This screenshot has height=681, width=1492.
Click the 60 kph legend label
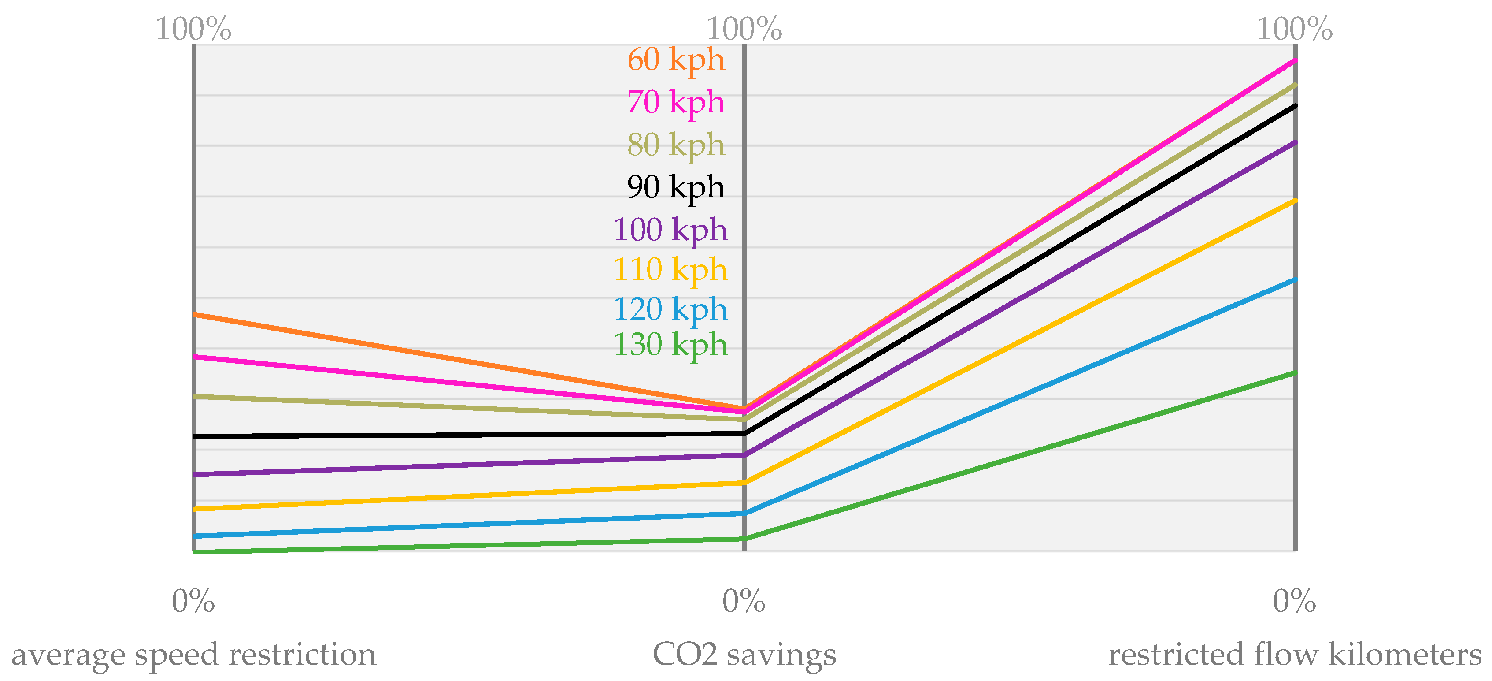(676, 60)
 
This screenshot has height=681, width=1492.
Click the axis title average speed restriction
(193, 655)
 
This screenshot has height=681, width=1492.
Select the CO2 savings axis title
(744, 655)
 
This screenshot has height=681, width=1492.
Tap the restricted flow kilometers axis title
(1295, 655)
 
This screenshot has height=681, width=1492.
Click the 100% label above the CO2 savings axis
(744, 29)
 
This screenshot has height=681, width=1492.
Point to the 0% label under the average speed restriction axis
(193, 601)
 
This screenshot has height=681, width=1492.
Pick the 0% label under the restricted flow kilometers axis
(1295, 601)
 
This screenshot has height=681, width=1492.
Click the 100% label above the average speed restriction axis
(193, 29)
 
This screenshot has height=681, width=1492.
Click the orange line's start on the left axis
(195, 315)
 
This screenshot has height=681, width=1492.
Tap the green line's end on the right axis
(1295, 373)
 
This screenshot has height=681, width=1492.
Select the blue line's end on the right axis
(1295, 280)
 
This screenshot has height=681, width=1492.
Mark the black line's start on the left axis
(195, 436)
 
